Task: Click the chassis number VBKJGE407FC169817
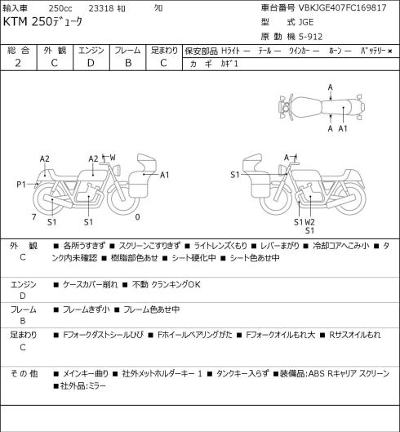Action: (x=342, y=7)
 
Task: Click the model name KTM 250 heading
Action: (x=42, y=22)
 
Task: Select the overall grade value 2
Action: (x=18, y=63)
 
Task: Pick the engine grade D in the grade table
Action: (x=91, y=63)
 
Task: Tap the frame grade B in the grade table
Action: (x=128, y=63)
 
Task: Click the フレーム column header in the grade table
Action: (x=127, y=51)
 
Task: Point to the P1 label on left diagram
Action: (x=21, y=185)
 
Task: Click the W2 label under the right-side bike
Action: (x=309, y=222)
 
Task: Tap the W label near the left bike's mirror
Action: (x=113, y=158)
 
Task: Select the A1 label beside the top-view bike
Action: (x=343, y=128)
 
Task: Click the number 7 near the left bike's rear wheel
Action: (x=34, y=217)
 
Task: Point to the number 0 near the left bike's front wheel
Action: (x=137, y=217)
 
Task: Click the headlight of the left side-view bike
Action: (x=118, y=169)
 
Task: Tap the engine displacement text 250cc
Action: (x=60, y=8)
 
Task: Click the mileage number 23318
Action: (x=101, y=8)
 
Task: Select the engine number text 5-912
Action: (x=310, y=37)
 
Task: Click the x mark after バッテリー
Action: (x=390, y=51)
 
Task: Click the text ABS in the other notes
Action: (x=316, y=373)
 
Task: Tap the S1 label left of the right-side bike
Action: (x=235, y=175)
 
